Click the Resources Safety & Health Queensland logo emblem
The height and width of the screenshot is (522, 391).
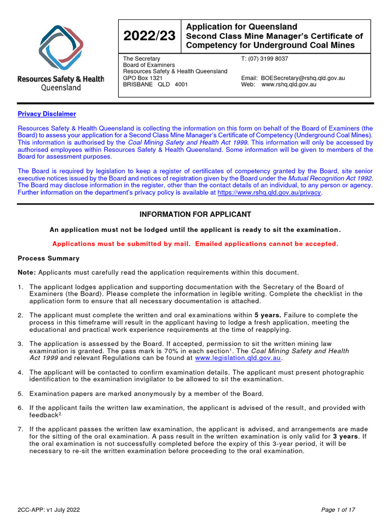pos(61,48)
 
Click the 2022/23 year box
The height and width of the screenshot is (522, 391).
pos(149,36)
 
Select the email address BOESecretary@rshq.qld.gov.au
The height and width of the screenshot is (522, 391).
pos(303,78)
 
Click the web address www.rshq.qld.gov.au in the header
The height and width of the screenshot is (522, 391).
pos(289,85)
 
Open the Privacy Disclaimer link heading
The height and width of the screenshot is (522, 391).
pos(47,114)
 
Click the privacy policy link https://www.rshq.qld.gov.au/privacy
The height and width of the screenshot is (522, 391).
pos(269,193)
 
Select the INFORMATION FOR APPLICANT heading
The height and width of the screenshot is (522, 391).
pos(195,215)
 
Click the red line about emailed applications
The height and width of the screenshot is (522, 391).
pos(195,244)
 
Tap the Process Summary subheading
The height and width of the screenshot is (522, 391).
pos(48,258)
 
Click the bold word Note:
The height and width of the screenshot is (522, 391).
pos(27,272)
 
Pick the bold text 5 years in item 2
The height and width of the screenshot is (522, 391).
pos(268,316)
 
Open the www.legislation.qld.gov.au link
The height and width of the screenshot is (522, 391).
pos(238,358)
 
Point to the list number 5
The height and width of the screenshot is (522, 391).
pos(20,394)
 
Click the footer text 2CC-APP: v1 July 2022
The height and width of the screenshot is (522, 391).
pos(49,510)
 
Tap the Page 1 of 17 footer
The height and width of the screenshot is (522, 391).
pos(338,510)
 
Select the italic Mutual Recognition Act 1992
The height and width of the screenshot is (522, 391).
pos(330,178)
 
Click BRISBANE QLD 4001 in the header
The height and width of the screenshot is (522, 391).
pos(155,85)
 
